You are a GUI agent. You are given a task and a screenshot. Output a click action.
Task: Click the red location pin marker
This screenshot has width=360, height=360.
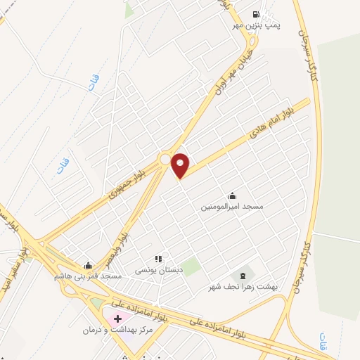181,165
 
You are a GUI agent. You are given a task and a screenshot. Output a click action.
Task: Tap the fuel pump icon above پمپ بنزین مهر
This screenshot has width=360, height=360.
255,13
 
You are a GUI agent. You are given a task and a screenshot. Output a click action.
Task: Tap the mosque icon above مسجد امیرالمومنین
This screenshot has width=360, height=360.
232,196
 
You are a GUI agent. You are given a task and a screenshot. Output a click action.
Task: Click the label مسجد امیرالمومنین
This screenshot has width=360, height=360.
232,207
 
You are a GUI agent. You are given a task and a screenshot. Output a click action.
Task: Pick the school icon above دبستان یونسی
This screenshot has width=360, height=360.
159,259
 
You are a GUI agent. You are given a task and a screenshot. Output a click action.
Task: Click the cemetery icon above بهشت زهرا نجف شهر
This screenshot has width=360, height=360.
243,275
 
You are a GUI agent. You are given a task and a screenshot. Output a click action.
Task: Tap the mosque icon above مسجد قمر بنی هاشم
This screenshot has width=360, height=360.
88,265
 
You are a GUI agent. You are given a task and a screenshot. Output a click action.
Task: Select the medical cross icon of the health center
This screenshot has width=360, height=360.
117,319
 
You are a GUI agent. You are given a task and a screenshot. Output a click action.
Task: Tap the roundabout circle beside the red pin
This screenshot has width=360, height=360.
165,160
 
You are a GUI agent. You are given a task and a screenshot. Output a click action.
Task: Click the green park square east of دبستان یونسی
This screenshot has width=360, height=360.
190,266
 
